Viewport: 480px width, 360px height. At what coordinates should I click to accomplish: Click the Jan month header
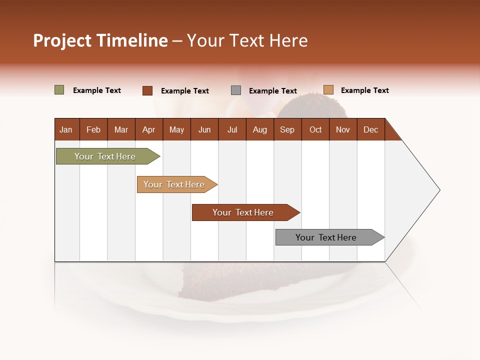coord(66,129)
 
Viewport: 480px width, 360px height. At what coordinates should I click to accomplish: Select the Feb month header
coord(93,129)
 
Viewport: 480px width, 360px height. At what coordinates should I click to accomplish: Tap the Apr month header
coord(148,129)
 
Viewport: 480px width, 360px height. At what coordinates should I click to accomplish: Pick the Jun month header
coord(204,129)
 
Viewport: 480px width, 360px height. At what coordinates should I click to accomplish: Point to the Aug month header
coord(259,129)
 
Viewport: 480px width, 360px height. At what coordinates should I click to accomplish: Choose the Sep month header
coord(287,129)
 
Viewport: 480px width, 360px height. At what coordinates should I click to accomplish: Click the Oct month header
coord(315,129)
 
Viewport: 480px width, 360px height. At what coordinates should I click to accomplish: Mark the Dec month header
coord(370,129)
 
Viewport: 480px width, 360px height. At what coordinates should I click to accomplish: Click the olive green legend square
coord(59,90)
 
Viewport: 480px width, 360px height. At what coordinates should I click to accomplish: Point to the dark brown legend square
coord(147,90)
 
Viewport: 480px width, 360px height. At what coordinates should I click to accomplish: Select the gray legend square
coord(236,90)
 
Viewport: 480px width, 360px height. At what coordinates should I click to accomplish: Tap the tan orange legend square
coord(328,90)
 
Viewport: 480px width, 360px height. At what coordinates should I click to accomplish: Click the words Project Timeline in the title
coord(100,40)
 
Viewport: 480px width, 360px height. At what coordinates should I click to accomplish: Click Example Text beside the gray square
coord(272,91)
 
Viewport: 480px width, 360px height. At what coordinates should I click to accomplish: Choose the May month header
coord(176,129)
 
